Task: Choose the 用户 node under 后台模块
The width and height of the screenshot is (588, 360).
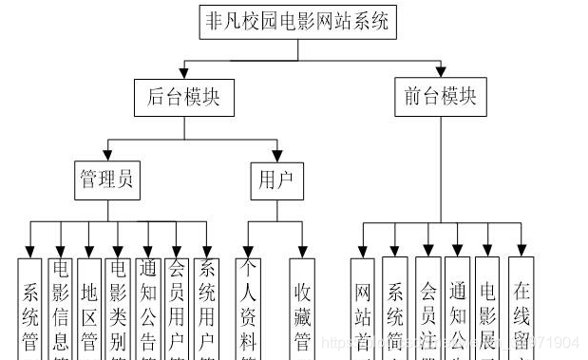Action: pos(276,180)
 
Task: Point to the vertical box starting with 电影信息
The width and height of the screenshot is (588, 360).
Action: pos(61,309)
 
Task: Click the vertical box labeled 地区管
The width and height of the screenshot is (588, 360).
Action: pos(89,309)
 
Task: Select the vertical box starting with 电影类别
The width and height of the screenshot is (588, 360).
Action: pos(118,309)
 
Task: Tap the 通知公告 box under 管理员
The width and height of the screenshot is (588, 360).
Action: pos(148,309)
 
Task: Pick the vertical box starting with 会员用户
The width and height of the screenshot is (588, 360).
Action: pos(177,309)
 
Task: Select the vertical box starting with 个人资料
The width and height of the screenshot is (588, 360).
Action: pos(249,309)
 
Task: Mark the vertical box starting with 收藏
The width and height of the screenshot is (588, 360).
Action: pos(304,309)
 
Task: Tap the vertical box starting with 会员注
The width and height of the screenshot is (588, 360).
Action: pos(428,309)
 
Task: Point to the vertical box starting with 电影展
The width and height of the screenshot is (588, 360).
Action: pos(488,309)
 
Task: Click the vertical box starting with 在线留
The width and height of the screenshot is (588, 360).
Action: pos(521,309)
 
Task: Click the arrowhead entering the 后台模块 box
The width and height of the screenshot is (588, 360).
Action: pos(184,75)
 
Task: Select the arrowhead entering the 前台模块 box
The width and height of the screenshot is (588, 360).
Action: pos(441,75)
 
